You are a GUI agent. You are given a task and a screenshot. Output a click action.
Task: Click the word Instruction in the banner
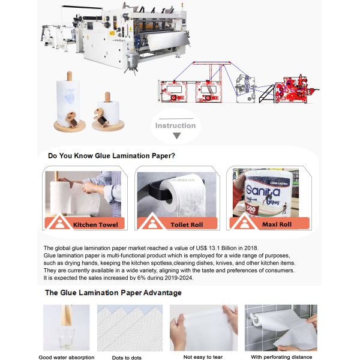[175, 125]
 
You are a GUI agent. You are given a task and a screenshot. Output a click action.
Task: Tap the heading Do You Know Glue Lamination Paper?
[112, 156]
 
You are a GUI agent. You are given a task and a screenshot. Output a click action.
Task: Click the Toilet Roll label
[188, 225]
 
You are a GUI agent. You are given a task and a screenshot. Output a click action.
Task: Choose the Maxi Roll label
[277, 225]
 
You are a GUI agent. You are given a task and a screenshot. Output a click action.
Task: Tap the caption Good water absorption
[66, 357]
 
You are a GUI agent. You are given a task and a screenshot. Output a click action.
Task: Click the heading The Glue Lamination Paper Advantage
[113, 292]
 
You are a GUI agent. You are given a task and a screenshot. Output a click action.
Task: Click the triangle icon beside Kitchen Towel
[59, 224]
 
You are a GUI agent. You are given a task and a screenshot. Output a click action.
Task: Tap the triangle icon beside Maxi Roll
[244, 224]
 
